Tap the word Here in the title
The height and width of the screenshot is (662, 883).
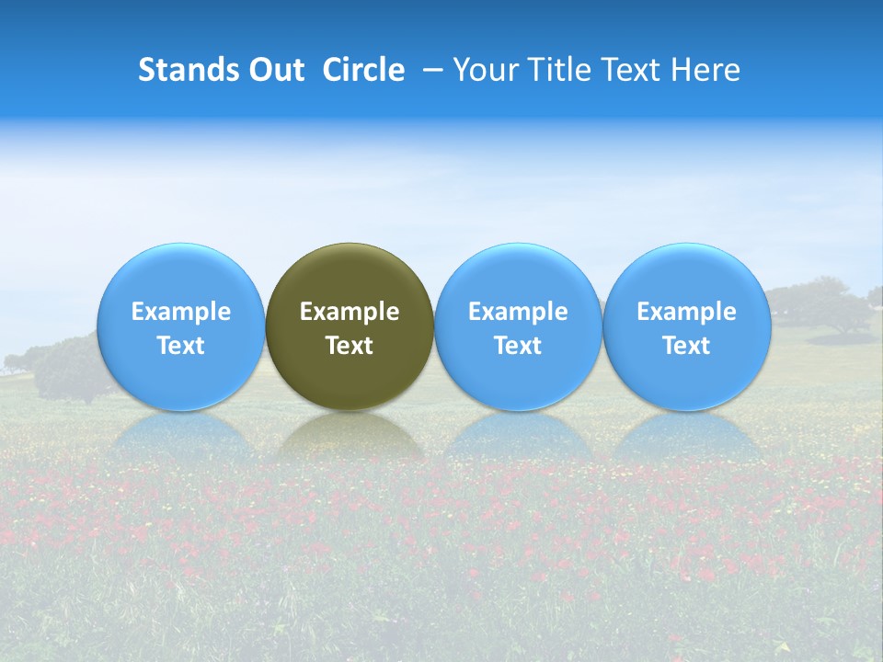[705, 70]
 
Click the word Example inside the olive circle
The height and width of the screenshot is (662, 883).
[350, 312]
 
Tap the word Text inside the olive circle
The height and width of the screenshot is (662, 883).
[350, 346]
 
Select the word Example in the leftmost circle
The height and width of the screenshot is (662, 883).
[181, 312]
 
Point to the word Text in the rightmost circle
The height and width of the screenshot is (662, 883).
[687, 346]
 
